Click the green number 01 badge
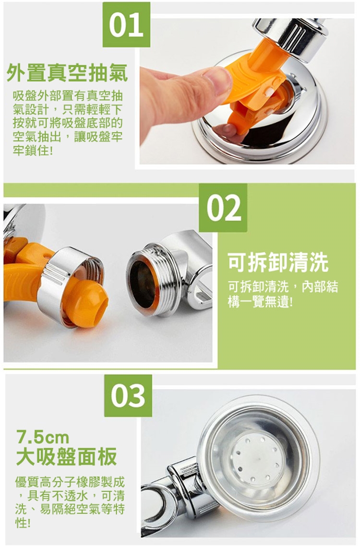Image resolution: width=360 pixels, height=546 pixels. [127, 24]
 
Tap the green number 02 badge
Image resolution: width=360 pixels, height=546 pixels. [223, 208]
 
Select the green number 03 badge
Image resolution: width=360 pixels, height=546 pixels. [128, 395]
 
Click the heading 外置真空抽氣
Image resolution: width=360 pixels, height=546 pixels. [67, 73]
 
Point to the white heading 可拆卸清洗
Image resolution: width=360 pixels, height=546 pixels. [278, 262]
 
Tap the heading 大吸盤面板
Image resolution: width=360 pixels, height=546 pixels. [67, 456]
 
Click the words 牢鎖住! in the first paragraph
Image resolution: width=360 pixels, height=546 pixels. [33, 151]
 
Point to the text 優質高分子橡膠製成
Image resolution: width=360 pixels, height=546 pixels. [70, 482]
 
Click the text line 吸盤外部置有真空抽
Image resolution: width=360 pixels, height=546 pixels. [68, 95]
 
